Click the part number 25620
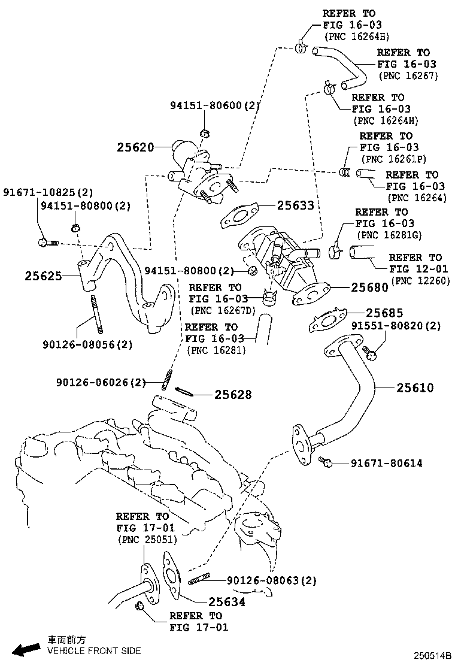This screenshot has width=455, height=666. coord(135,147)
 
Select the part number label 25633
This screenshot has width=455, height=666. coord(295,205)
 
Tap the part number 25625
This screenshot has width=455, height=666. coord(43,276)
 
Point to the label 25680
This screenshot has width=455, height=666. coord(369,287)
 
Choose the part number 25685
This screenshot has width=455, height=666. coord(385,313)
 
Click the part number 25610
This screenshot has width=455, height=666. coord(415,388)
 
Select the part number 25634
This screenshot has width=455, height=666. coord(227,602)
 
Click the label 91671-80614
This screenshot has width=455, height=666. coord(386,463)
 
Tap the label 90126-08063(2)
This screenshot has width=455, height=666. coord(272,580)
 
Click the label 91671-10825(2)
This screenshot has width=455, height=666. coord(48,192)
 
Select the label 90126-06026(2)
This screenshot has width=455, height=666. coord(101,382)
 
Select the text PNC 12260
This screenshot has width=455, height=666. coord(420,280)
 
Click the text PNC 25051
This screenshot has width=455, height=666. coord(145,540)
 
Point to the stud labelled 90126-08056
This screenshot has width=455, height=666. coord(95,314)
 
